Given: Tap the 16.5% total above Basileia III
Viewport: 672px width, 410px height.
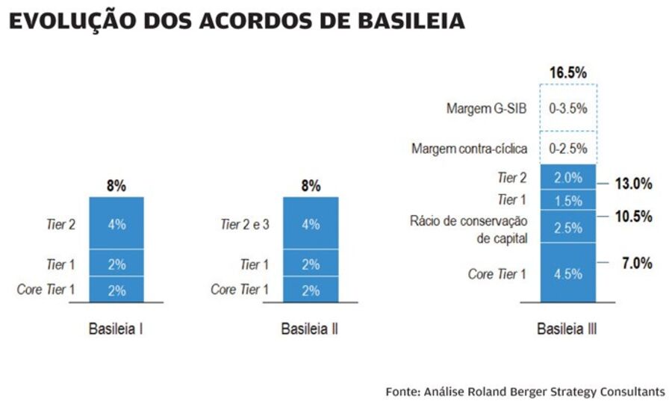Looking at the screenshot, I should coord(567,72).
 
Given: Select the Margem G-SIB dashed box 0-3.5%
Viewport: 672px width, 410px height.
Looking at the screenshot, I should coord(567,108).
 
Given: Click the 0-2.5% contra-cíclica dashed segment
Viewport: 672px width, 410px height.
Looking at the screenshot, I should coord(567,149).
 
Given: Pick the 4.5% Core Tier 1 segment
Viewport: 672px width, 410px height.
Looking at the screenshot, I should coord(567,273).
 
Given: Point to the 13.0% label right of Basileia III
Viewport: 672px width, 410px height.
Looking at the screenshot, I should coord(634,183).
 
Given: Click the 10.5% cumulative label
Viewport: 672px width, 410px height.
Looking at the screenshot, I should coord(634,217).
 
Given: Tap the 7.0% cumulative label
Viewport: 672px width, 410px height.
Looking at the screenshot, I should coord(637,263).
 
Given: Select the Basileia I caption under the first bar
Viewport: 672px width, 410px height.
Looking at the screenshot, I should coord(116,329).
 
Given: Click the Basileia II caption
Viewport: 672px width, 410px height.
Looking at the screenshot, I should coord(310,329).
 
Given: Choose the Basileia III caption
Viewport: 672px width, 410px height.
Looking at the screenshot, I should coord(567,329).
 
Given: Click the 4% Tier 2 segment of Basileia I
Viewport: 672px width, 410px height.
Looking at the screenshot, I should coord(116,223).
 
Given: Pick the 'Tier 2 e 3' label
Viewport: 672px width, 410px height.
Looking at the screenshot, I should coord(244,223).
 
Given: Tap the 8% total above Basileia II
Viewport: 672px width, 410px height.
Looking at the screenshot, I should coord(311,186).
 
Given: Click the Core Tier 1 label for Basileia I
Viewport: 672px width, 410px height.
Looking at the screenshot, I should coord(46,290).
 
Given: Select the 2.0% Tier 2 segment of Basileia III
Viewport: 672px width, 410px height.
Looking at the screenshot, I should coord(567,178).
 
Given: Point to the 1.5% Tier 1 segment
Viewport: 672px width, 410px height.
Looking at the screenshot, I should coord(567,200).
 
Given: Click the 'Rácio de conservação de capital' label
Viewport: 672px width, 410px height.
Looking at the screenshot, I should coord(469,229).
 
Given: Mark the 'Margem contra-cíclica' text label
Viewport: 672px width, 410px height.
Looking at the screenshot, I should coord(469,149).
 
